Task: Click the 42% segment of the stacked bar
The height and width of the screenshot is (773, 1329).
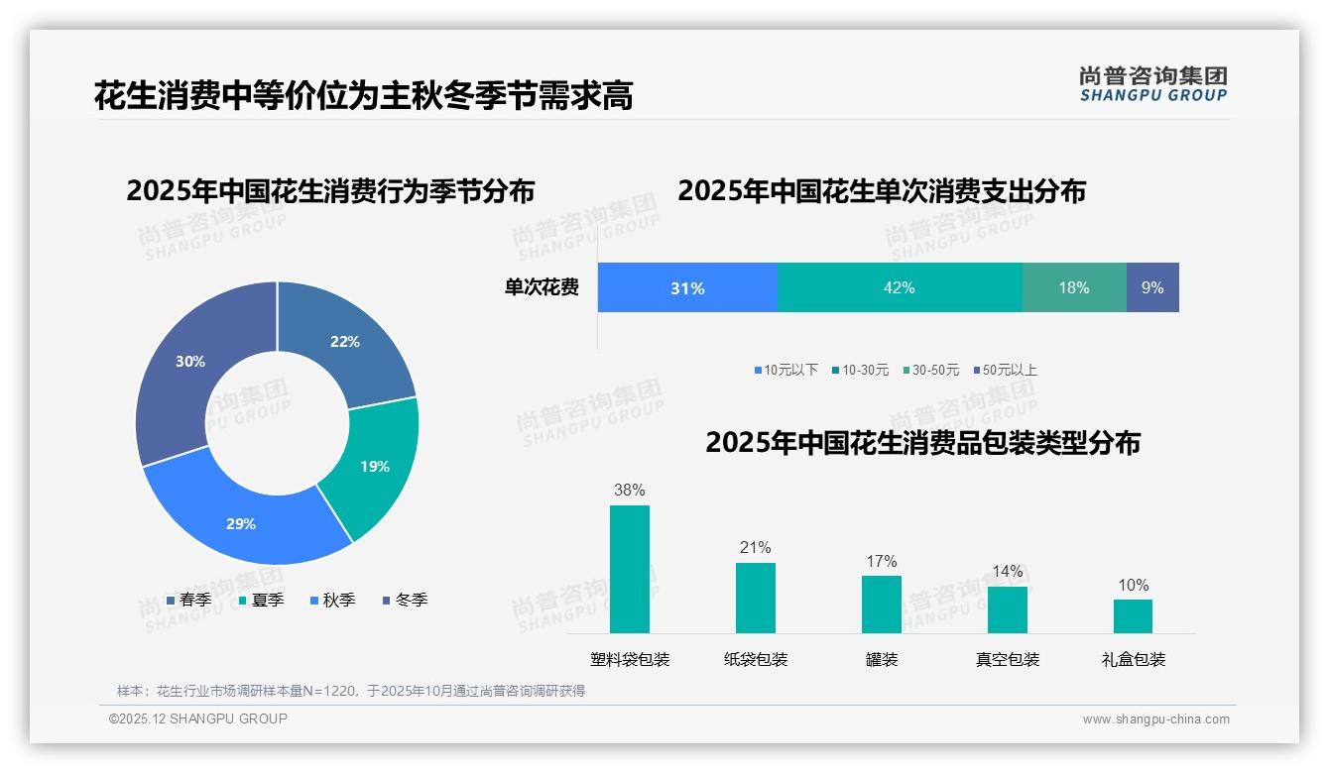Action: [899, 287]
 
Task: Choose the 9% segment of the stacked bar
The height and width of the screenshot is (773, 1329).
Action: [1152, 287]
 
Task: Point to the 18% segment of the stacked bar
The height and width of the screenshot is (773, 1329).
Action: [1073, 287]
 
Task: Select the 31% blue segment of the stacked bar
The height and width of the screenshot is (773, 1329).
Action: [687, 287]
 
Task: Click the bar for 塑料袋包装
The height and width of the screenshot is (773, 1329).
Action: [629, 569]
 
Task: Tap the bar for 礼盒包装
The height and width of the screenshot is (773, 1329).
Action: [1133, 615]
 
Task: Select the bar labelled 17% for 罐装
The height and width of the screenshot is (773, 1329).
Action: [881, 604]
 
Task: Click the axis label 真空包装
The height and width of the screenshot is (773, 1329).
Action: [1007, 659]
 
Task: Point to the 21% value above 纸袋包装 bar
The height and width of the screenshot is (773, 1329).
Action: [755, 547]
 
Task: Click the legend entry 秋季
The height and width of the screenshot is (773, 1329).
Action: [332, 600]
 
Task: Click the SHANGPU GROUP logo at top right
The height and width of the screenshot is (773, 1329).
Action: [1152, 83]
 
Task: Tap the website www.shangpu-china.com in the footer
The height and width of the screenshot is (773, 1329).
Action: [1155, 718]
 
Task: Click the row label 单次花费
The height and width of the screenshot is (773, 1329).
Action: [542, 287]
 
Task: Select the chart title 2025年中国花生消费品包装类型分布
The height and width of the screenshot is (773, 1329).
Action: [922, 442]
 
